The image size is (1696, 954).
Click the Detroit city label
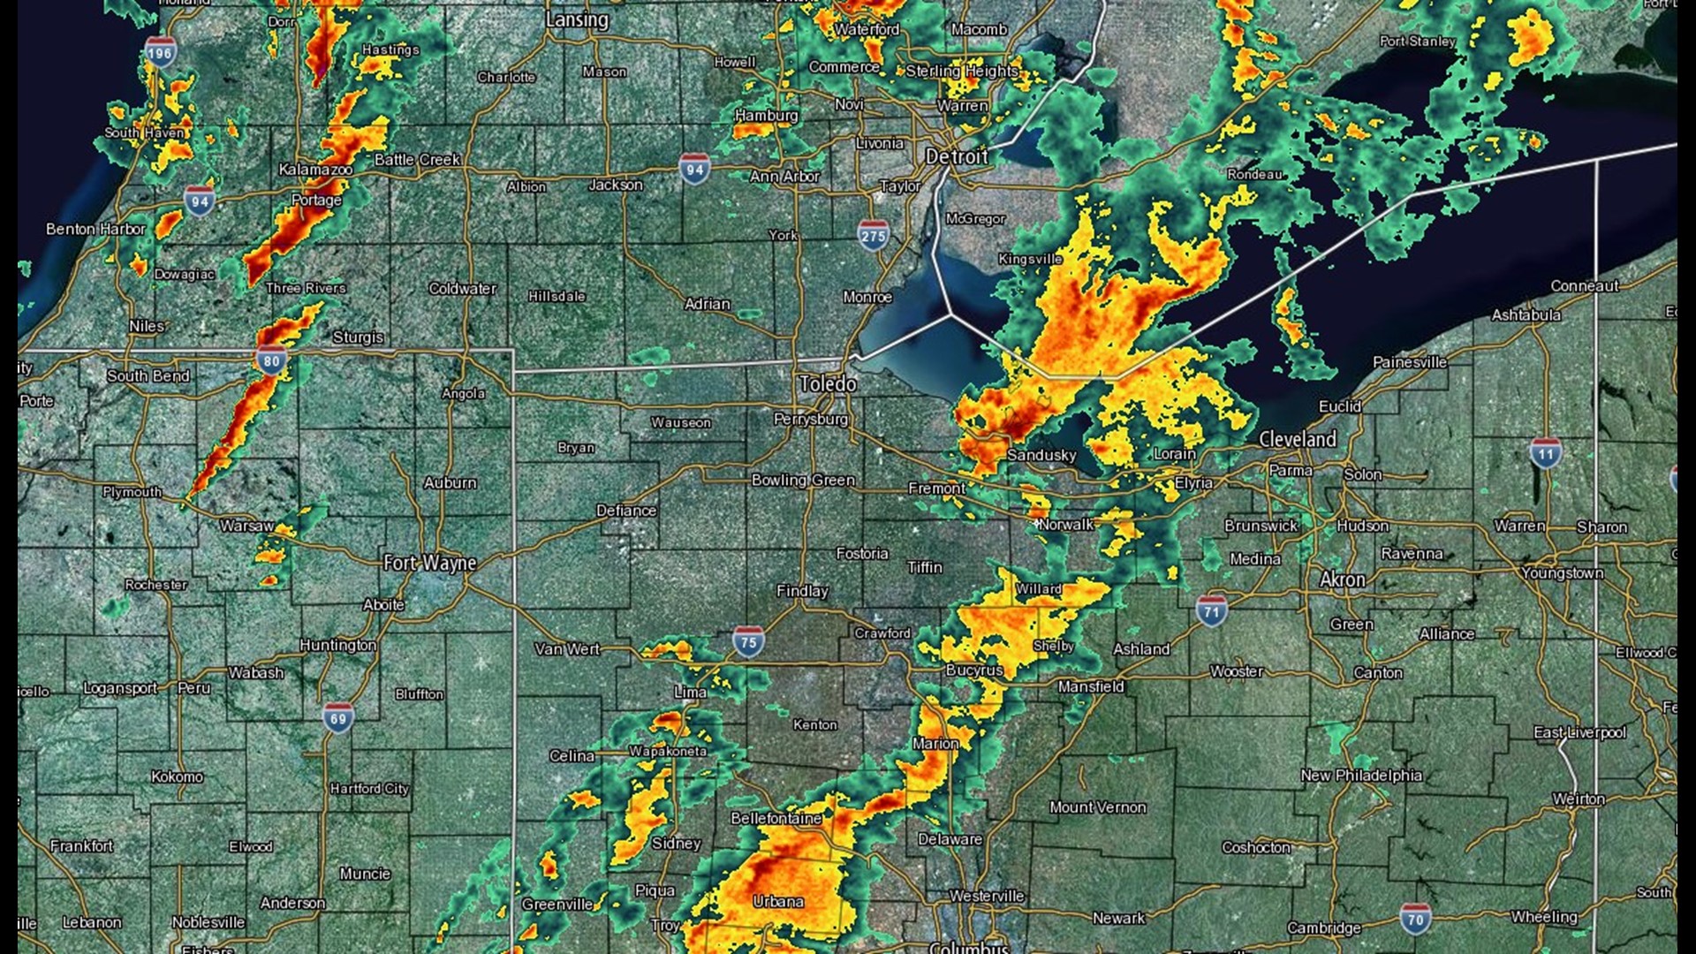957,157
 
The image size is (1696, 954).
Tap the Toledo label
828,383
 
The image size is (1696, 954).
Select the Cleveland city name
1297,439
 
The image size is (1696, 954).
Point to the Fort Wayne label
429,563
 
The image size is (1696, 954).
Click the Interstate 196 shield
160,53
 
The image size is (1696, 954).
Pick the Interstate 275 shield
873,236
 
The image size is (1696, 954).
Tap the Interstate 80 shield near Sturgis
271,360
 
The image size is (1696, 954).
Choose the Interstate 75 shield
748,642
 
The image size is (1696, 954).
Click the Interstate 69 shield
338,718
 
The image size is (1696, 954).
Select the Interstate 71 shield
1211,611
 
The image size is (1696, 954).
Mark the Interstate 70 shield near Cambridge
1415,919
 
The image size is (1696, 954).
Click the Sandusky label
1041,455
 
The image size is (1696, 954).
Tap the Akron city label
1342,579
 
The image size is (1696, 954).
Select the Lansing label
577,19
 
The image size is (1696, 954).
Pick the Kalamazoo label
315,169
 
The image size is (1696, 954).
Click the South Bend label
148,375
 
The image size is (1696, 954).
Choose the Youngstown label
1562,572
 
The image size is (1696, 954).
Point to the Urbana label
778,901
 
